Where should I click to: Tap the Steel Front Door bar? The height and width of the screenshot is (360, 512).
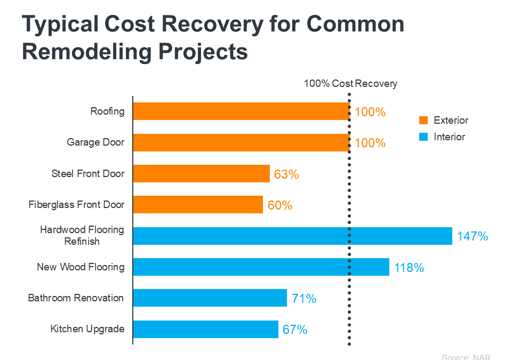(x=201, y=174)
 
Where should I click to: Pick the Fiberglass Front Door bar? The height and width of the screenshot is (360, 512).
(x=198, y=205)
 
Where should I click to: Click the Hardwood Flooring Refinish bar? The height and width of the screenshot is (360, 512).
(x=292, y=236)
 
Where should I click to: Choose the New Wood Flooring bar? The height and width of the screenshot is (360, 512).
(x=261, y=267)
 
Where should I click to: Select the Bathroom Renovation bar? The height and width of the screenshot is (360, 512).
(x=210, y=298)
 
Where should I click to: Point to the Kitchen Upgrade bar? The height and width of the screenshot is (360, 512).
(x=205, y=329)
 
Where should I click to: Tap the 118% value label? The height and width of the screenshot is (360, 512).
(x=409, y=268)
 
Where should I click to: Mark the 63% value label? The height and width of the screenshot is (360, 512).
(x=286, y=174)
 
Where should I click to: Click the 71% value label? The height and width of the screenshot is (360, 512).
(x=304, y=299)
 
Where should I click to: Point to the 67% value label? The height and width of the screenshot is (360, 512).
(x=295, y=330)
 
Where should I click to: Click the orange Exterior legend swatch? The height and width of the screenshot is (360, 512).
(x=424, y=120)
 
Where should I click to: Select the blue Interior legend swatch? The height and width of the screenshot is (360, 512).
(x=424, y=137)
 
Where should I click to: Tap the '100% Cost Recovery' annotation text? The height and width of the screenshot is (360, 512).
(x=350, y=84)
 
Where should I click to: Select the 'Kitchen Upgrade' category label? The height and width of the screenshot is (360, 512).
(x=87, y=329)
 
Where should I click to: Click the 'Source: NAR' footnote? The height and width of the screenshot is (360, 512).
(x=466, y=357)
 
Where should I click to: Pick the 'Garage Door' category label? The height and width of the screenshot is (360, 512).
(x=95, y=142)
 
